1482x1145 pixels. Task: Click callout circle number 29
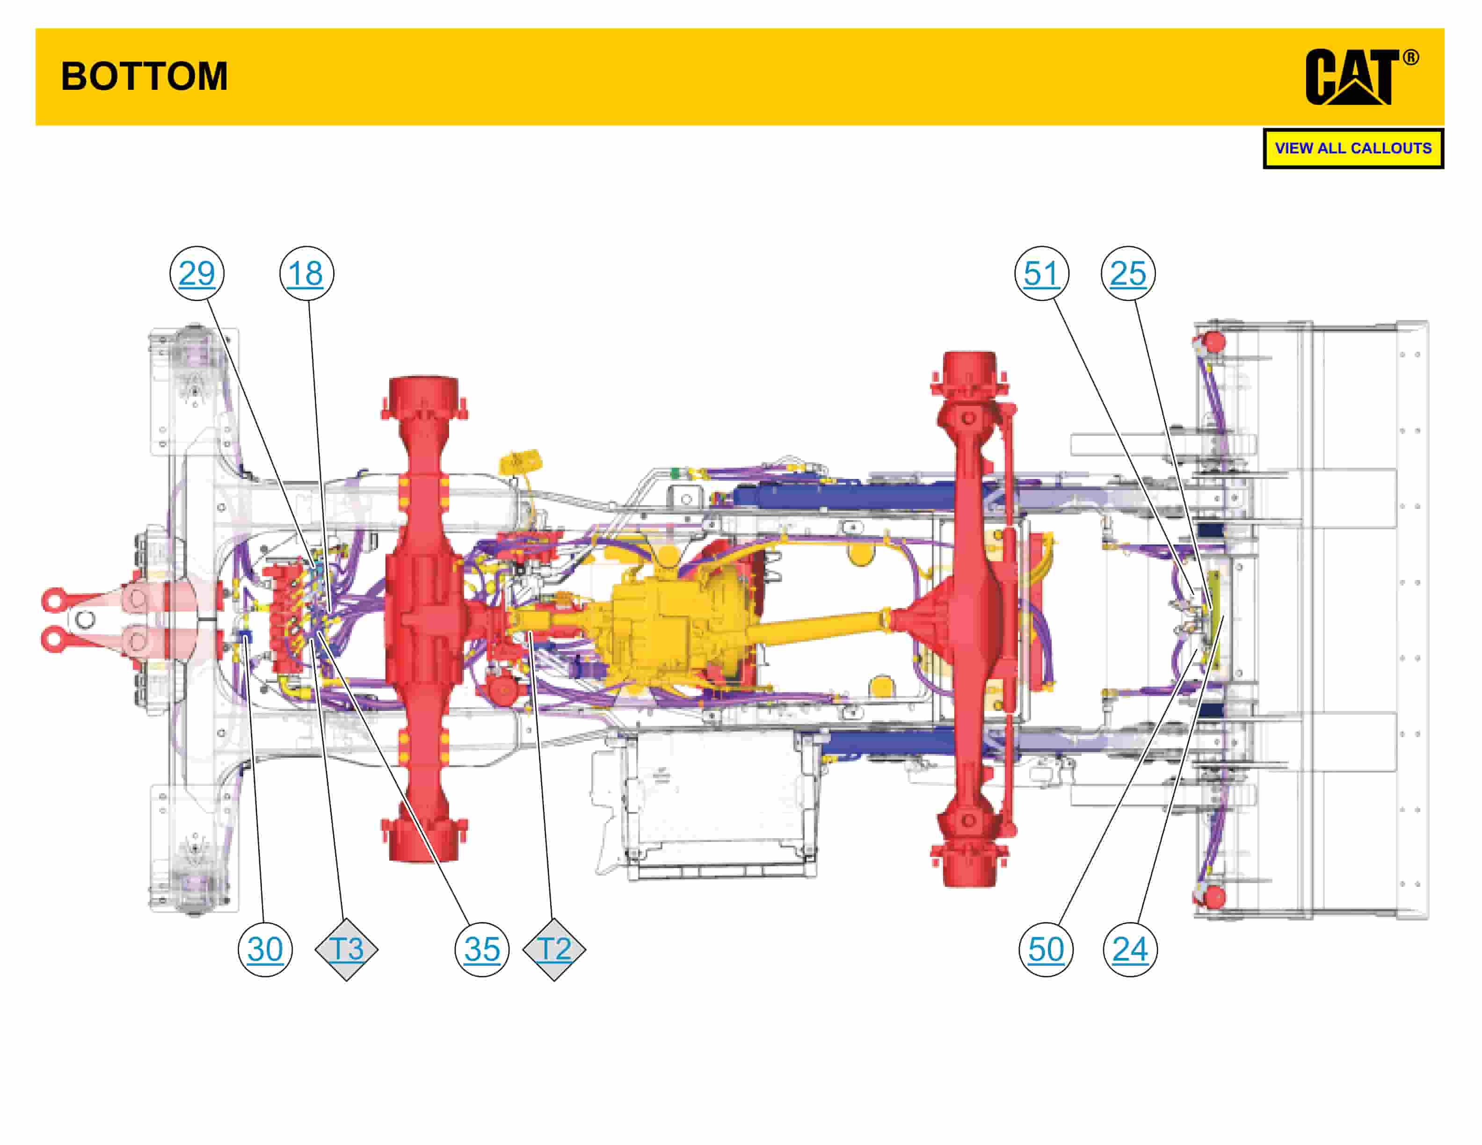197,273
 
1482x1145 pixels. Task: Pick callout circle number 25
1128,273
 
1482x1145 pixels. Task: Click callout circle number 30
265,949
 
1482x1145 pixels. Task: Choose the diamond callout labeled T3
346,949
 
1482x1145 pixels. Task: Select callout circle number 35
482,949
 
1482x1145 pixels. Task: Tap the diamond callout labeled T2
554,949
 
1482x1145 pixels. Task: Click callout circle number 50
1046,949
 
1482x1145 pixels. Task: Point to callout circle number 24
1130,949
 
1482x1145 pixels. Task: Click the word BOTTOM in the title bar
144,76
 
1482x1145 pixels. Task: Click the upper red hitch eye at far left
53,600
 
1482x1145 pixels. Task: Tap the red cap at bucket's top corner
1212,341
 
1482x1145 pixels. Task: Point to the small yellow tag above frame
520,464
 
